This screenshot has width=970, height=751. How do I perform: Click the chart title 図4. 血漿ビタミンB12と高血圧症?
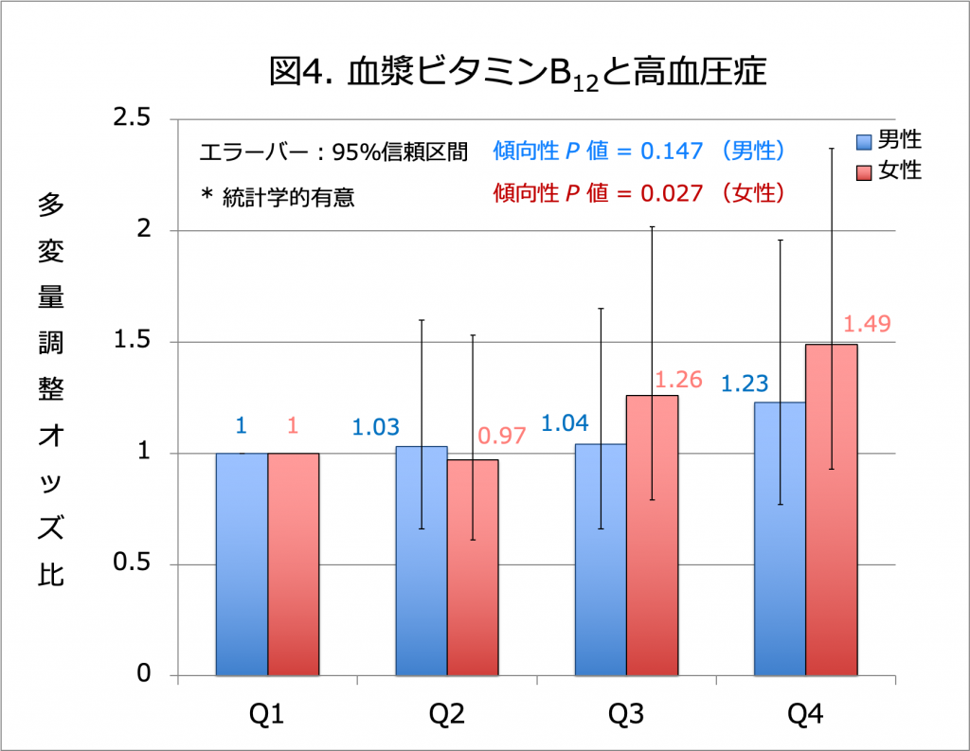(516, 73)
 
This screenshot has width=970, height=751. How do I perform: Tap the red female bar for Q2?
(473, 568)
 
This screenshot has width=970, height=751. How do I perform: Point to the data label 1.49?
(867, 324)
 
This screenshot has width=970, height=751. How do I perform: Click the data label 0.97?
(501, 437)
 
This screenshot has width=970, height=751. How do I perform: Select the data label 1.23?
(745, 384)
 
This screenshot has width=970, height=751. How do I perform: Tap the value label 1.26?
(678, 380)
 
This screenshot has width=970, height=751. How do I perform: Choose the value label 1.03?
(376, 428)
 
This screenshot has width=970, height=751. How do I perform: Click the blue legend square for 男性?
(864, 142)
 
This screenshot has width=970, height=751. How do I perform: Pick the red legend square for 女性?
(864, 172)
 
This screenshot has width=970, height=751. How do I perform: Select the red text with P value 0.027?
(639, 194)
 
